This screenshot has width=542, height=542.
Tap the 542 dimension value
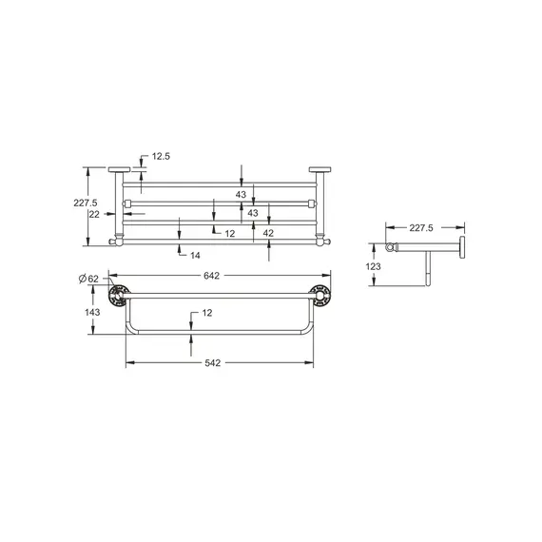221,364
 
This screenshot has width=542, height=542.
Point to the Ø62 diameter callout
88,278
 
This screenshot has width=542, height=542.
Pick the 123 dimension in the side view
374,267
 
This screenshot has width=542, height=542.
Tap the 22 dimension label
93,214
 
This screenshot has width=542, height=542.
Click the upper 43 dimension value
241,194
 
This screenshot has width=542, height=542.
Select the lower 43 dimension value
252,213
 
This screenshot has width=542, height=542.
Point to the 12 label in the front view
229,233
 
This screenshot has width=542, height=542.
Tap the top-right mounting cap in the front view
319,171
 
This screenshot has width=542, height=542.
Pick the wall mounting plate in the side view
462,250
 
